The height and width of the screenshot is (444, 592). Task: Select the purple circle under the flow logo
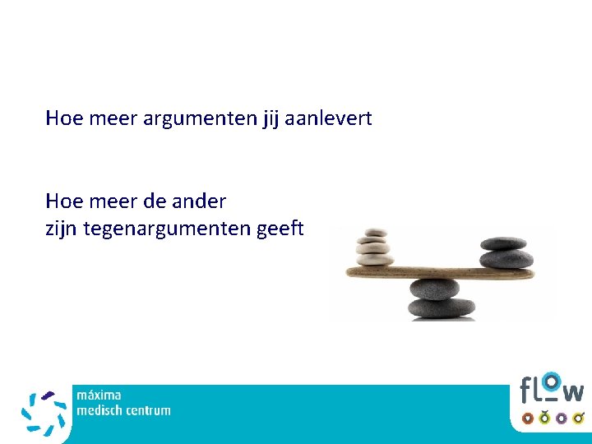pos(562,418)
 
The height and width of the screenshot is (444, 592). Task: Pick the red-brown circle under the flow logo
pos(527,418)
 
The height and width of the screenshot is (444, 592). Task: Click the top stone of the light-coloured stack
pos(376,234)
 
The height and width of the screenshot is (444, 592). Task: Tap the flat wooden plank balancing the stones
pos(436,272)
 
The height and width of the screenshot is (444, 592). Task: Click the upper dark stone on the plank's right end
pos(502,243)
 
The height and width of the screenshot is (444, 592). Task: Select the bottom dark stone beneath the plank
pos(442,308)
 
